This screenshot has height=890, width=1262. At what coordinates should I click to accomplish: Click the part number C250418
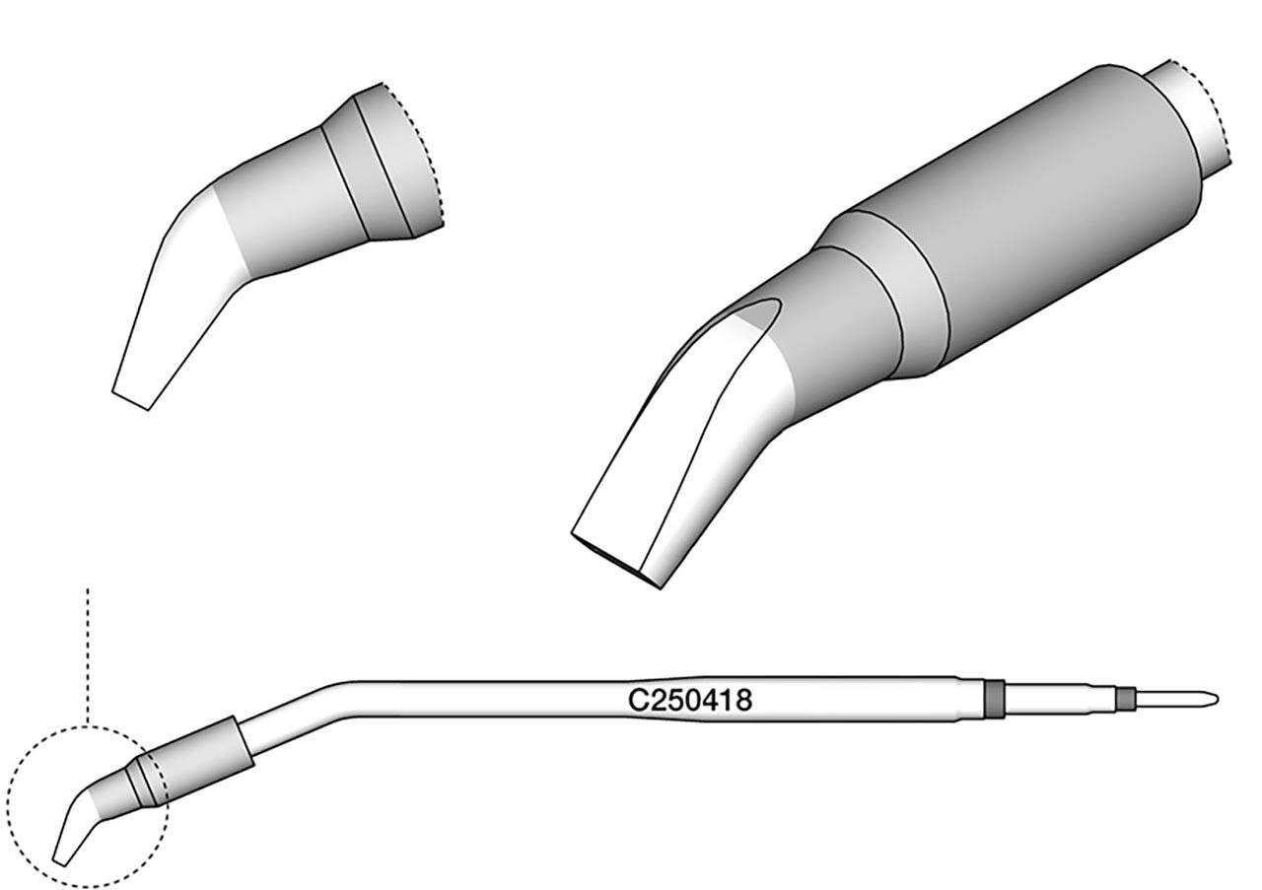point(690,701)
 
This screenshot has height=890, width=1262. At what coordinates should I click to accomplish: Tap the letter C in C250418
point(637,701)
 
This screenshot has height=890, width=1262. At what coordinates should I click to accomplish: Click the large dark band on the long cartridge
point(994,699)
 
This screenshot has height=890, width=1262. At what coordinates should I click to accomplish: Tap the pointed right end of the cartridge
point(1216,699)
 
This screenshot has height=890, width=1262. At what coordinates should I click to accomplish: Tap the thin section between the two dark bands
point(1059,699)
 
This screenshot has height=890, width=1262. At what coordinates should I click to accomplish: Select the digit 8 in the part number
point(745,701)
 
